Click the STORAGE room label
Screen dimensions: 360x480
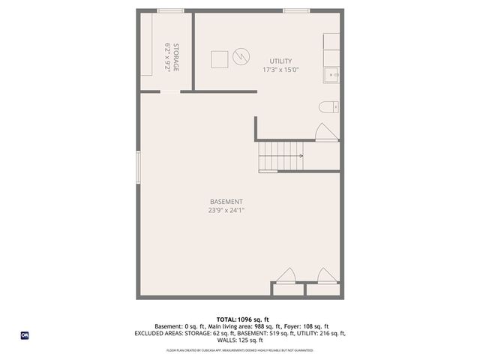[x=177, y=58]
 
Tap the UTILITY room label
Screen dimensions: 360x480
[x=281, y=61]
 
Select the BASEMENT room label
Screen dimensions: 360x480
[x=226, y=202]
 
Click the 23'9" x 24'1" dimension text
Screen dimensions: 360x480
[x=226, y=211]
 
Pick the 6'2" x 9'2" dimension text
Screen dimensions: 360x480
[x=168, y=57]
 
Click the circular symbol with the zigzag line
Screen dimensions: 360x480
[x=240, y=56]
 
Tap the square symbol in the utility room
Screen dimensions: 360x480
[x=220, y=59]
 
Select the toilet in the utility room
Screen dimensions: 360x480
[x=329, y=107]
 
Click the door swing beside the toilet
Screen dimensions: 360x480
[x=326, y=133]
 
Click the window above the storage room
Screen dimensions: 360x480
[x=170, y=10]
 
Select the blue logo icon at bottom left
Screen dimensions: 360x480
[x=25, y=334]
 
